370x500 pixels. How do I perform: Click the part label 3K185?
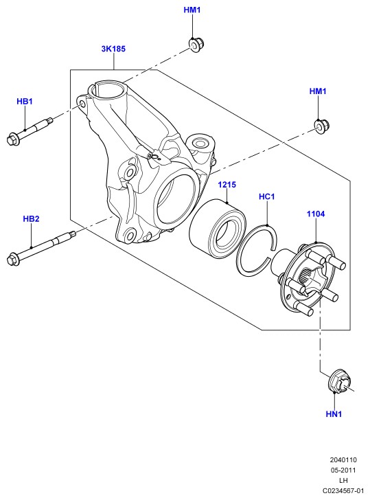coord(113,49)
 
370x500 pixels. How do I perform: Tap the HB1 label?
coord(25,102)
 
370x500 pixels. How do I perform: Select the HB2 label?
coord(31,218)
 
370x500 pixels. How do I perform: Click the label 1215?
coord(227,185)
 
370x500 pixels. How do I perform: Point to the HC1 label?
coord(267,196)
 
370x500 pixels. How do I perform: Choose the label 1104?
coord(316,214)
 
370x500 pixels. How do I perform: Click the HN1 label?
coord(334,414)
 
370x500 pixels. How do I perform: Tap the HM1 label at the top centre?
coord(192,10)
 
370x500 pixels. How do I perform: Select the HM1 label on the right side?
coord(318,91)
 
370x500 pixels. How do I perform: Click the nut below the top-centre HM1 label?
coord(196,45)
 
